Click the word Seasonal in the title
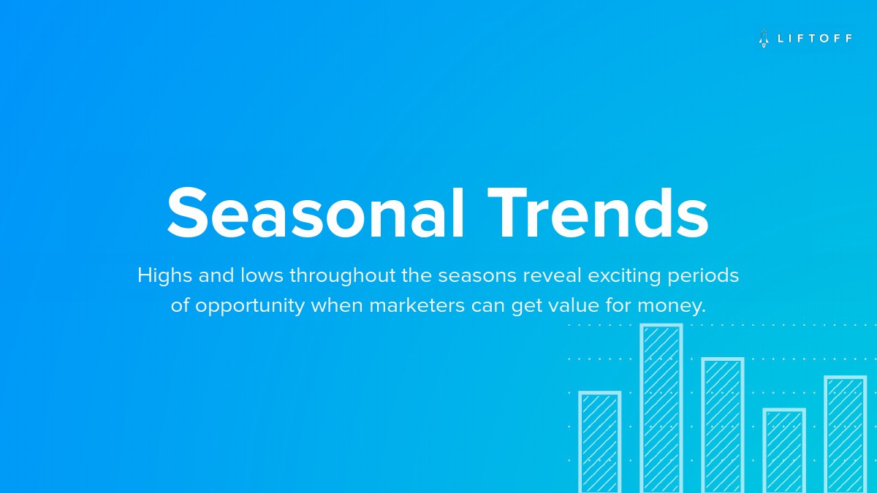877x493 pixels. [315, 212]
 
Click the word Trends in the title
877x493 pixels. [598, 212]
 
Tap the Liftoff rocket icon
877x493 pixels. [764, 38]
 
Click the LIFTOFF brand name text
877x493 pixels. [814, 38]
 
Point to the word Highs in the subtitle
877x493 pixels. [165, 276]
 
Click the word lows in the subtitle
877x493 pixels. [262, 275]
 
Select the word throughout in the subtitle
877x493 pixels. [343, 276]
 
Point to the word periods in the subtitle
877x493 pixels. [703, 276]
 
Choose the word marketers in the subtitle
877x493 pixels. [417, 305]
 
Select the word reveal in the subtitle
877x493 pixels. [552, 275]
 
